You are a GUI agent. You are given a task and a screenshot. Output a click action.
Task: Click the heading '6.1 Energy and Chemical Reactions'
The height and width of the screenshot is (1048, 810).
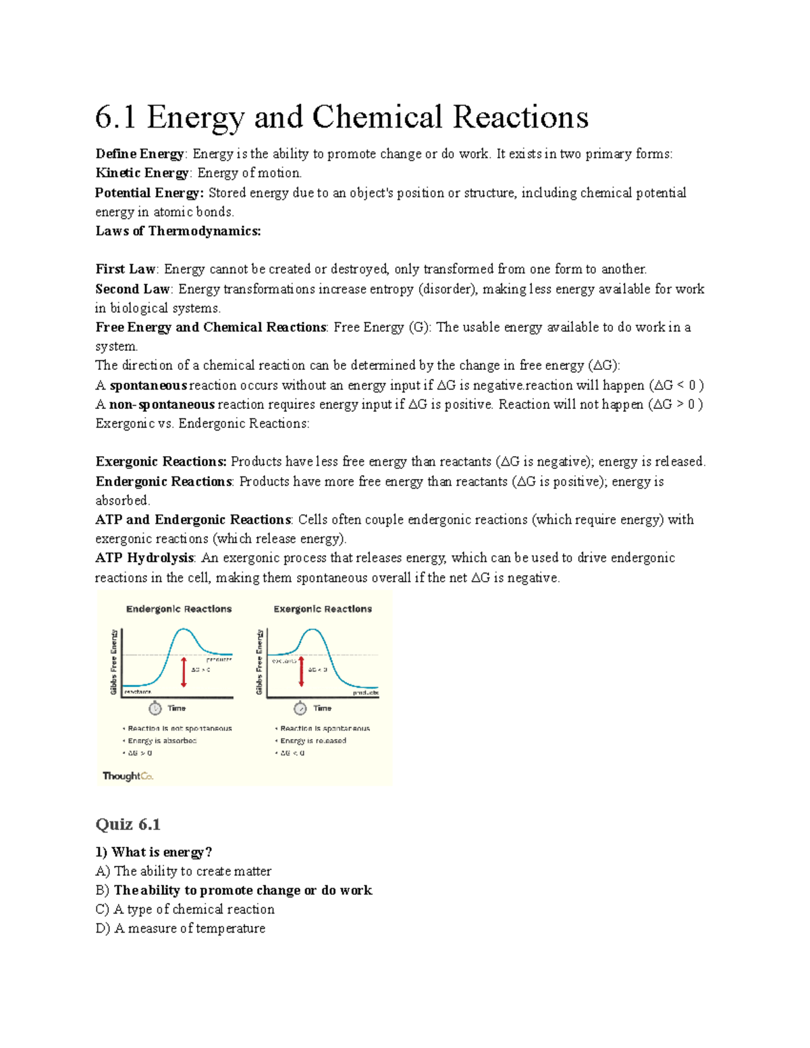[342, 117]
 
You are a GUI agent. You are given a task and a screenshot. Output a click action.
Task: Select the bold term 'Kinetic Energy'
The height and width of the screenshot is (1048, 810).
[142, 173]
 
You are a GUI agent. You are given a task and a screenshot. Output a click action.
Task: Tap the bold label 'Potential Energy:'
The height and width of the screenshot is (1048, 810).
[149, 193]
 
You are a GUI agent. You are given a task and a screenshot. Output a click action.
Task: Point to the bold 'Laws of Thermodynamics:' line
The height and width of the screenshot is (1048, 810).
[178, 231]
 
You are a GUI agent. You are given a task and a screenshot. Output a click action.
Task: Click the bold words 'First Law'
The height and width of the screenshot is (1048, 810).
[126, 269]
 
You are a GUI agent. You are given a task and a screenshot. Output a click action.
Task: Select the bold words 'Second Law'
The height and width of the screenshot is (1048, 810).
[132, 289]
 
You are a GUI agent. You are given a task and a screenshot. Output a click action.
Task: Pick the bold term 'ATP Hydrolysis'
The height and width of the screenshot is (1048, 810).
[144, 558]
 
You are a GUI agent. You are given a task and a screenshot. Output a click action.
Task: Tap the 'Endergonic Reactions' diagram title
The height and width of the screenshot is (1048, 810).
[179, 609]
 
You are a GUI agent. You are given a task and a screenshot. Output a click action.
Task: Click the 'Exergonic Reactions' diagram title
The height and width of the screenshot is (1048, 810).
[323, 609]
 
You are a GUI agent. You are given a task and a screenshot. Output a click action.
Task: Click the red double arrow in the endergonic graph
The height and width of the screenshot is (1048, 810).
[184, 671]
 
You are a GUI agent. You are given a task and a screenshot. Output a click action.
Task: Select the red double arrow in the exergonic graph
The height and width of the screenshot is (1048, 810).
[301, 671]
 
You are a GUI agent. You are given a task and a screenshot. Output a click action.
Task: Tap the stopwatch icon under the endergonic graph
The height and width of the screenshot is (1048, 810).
[155, 708]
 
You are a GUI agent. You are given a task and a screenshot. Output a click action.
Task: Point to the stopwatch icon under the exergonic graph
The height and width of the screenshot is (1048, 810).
[300, 708]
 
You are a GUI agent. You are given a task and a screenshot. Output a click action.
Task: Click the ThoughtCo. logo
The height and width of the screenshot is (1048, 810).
[128, 776]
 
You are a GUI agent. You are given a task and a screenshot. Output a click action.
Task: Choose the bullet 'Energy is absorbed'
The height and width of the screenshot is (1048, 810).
[162, 741]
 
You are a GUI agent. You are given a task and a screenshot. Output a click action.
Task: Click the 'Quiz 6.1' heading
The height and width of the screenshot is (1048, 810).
[128, 825]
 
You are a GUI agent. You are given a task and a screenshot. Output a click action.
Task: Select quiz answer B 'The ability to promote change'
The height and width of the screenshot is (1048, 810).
[242, 890]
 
